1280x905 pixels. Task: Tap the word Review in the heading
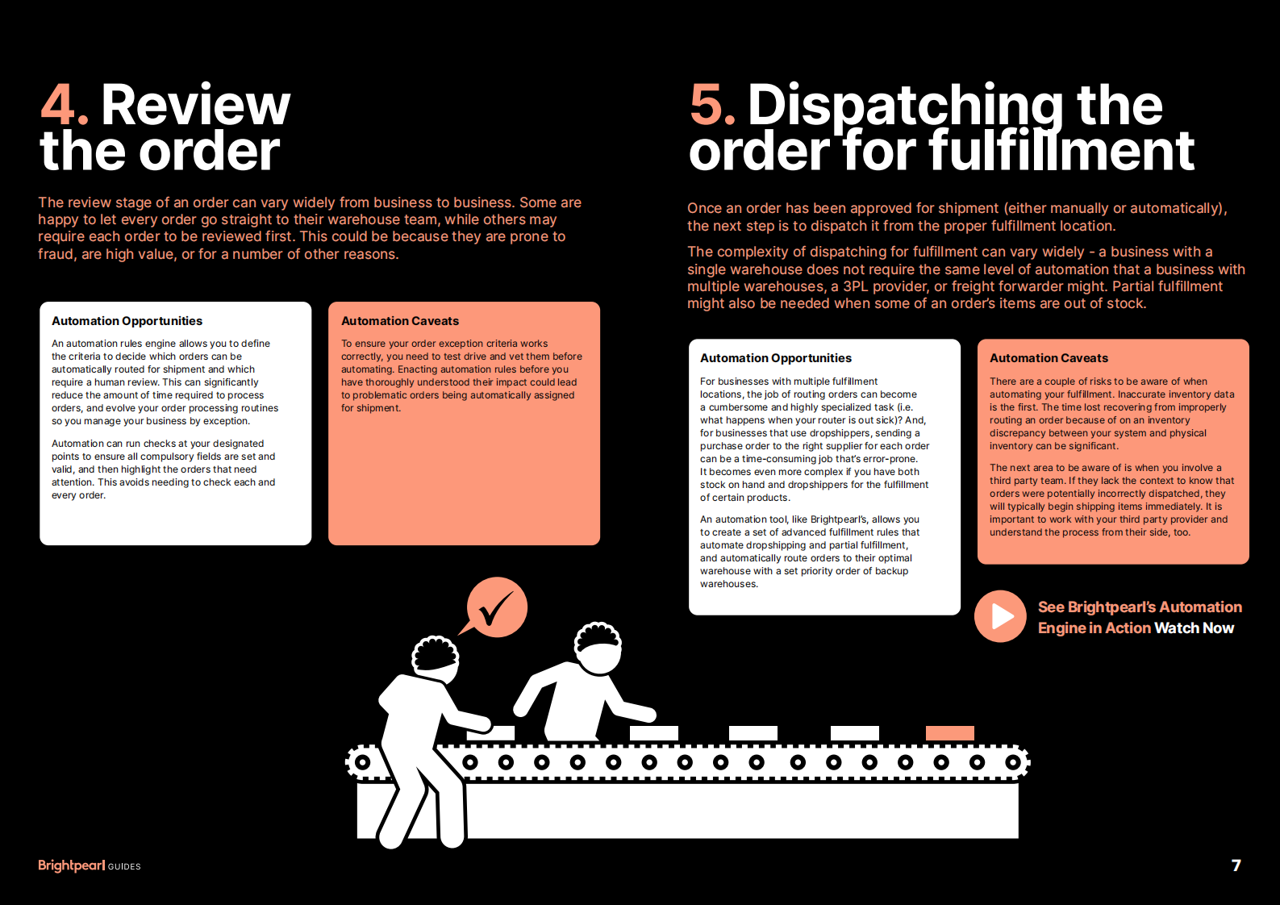pyautogui.click(x=195, y=106)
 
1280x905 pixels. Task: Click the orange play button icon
pyautogui.click(x=1000, y=616)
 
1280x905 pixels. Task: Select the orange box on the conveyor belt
pyautogui.click(x=949, y=733)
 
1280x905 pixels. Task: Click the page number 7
pyautogui.click(x=1236, y=865)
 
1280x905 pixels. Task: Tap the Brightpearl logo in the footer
pyautogui.click(x=71, y=865)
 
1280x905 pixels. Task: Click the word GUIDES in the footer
pyautogui.click(x=124, y=866)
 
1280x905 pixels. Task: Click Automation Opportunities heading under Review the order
pyautogui.click(x=127, y=321)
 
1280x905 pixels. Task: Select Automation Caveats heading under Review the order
pyautogui.click(x=400, y=321)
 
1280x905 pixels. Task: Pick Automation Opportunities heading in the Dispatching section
pyautogui.click(x=776, y=358)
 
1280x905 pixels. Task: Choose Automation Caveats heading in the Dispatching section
pyautogui.click(x=1049, y=358)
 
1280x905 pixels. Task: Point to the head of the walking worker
pyautogui.click(x=436, y=657)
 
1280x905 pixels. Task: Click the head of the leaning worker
pyautogui.click(x=598, y=647)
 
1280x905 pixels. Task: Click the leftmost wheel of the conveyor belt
pyautogui.click(x=363, y=762)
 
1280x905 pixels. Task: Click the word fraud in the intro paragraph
pyautogui.click(x=55, y=255)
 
